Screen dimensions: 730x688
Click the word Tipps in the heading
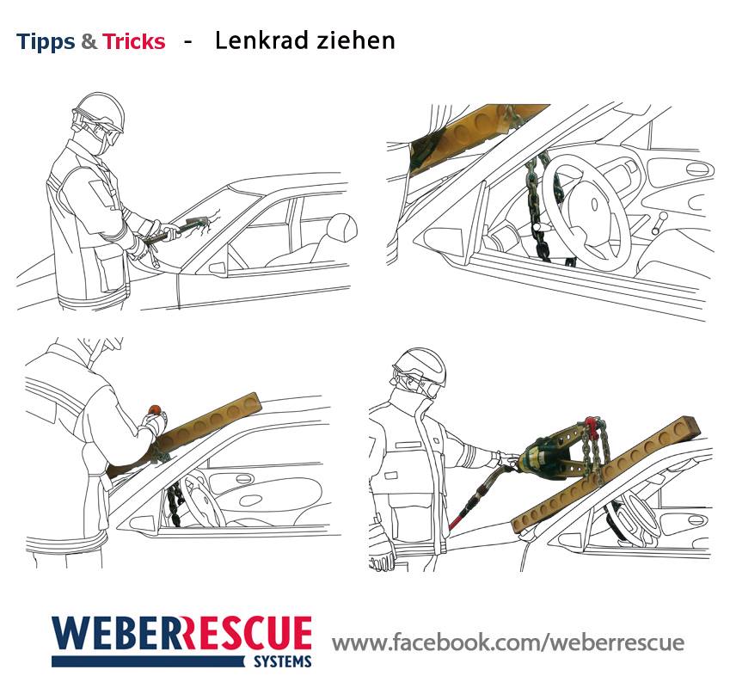(x=46, y=41)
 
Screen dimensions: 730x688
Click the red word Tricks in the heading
(x=134, y=41)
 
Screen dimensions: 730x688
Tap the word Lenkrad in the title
(x=263, y=40)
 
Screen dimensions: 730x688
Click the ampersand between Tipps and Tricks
(x=89, y=41)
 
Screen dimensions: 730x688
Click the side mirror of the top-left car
(x=218, y=268)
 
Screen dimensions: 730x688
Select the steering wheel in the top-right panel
(x=585, y=212)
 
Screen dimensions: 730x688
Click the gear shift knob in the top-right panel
(x=663, y=216)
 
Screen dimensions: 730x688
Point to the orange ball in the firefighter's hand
(x=155, y=409)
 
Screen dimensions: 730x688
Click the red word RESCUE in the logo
(x=245, y=633)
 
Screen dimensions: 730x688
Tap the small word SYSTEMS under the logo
(x=283, y=661)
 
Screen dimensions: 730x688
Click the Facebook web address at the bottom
(x=508, y=642)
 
